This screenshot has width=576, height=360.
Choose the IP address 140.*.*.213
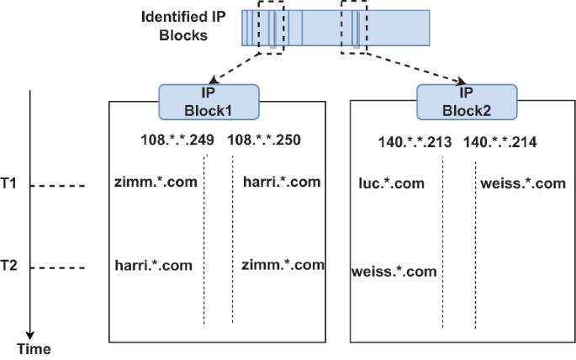[x=416, y=141]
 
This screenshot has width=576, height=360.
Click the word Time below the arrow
[x=34, y=349]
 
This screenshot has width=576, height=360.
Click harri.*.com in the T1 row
[x=281, y=181]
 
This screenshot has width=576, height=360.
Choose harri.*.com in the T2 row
[x=154, y=265]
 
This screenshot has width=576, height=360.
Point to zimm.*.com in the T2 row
[x=282, y=265]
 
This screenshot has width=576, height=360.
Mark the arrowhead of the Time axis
[x=30, y=334]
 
